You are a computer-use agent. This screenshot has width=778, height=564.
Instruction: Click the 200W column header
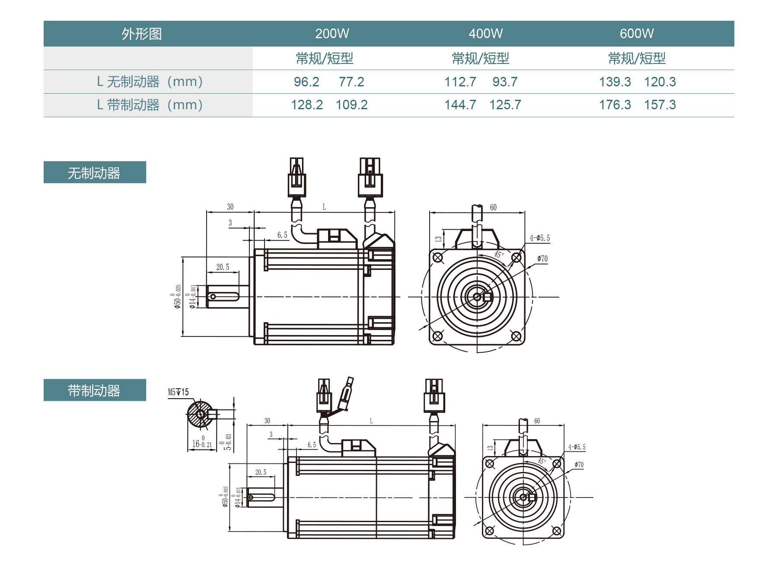332,34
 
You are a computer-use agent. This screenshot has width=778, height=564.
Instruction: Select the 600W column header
637,34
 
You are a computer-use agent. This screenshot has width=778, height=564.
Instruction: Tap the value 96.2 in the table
306,82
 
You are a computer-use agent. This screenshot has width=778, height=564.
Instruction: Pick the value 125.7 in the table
505,105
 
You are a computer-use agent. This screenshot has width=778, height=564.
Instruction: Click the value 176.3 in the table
615,105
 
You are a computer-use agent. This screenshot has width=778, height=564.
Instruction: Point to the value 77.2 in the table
351,82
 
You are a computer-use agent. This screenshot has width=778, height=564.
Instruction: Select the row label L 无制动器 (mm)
150,82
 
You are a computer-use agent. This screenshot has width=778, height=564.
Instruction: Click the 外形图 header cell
141,34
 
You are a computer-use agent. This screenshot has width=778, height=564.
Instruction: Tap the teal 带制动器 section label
94,390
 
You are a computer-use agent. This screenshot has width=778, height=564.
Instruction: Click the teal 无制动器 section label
94,173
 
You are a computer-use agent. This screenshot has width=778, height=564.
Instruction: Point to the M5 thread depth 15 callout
178,392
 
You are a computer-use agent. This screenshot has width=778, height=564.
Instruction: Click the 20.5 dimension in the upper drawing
223,267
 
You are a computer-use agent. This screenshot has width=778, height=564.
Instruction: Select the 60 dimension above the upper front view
493,208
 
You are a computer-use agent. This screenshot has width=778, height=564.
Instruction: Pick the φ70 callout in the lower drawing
579,465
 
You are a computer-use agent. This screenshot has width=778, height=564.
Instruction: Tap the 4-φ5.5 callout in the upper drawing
540,238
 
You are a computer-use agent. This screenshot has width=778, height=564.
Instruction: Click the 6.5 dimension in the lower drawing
312,445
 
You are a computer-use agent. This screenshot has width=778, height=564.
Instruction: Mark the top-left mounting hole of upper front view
438,258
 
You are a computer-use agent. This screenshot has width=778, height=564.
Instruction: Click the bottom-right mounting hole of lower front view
557,531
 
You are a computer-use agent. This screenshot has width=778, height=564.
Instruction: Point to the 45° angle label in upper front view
499,254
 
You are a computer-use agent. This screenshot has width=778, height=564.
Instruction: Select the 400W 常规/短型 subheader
481,58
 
